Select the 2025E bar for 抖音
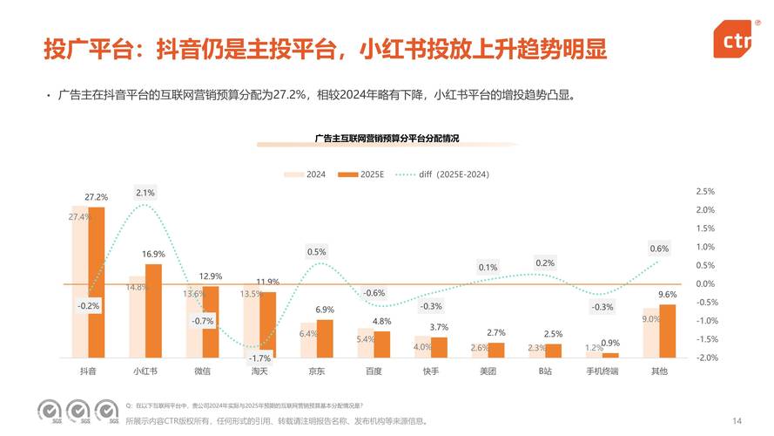(x=96, y=282)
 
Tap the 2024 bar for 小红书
(x=137, y=317)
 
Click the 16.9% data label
(x=153, y=254)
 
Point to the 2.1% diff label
(x=145, y=193)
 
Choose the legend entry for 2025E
(x=365, y=174)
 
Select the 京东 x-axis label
(x=316, y=371)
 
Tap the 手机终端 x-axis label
(x=602, y=371)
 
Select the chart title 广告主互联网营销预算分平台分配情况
(x=387, y=139)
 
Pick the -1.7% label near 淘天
(x=259, y=358)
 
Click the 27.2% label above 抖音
(x=96, y=197)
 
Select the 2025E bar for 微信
(x=210, y=322)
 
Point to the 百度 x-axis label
(x=374, y=371)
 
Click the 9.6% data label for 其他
(x=667, y=295)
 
